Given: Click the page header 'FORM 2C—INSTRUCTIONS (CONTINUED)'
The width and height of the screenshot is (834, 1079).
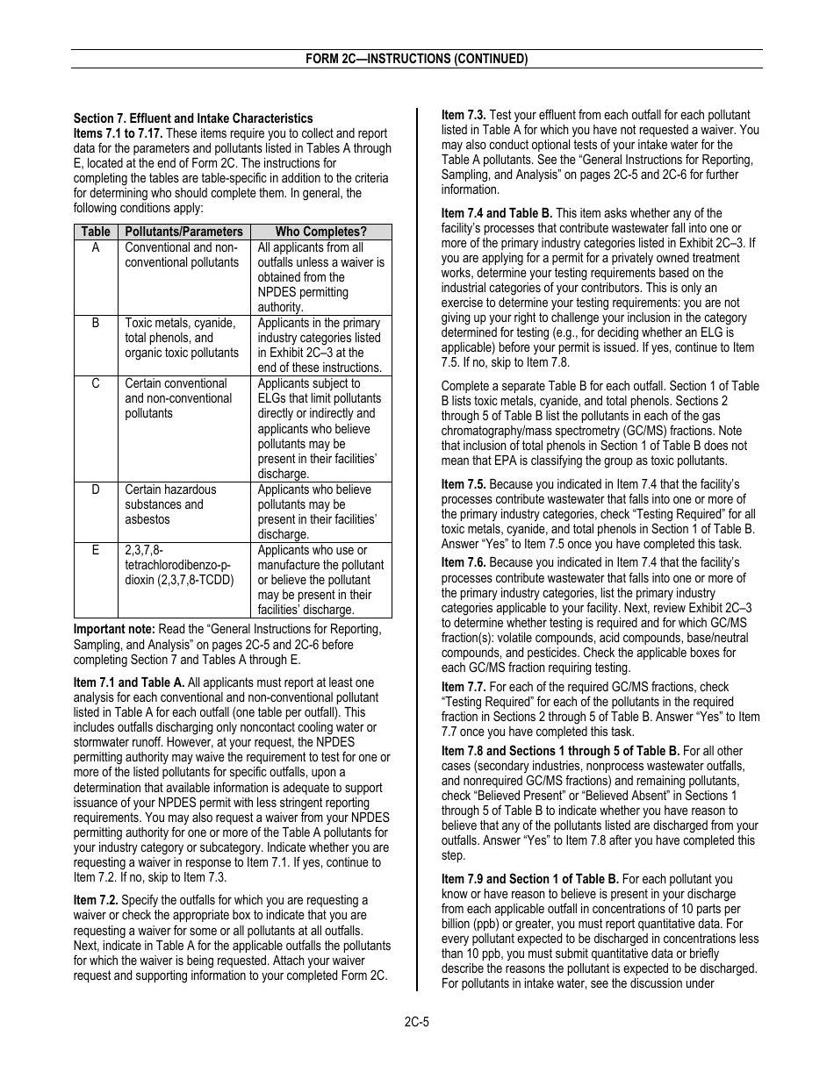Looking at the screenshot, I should pyautogui.click(x=416, y=60).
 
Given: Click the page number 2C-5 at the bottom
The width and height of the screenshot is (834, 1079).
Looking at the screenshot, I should pyautogui.click(x=416, y=1021).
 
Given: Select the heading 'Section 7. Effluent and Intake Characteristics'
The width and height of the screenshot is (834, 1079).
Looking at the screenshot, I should pyautogui.click(x=193, y=118).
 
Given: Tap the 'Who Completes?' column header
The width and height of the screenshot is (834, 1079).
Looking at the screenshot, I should pyautogui.click(x=320, y=232).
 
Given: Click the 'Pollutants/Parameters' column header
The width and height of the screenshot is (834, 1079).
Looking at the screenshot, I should pyautogui.click(x=183, y=232).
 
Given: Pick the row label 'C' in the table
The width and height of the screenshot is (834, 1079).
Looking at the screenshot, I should pyautogui.click(x=96, y=383).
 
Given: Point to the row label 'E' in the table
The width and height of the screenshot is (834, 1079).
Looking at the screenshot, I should pyautogui.click(x=96, y=550).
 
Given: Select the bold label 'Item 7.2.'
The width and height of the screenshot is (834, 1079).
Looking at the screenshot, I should pyautogui.click(x=96, y=900).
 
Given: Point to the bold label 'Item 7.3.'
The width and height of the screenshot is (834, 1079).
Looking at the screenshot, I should pyautogui.click(x=464, y=115).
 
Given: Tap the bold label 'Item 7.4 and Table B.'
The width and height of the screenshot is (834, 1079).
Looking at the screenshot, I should pyautogui.click(x=497, y=213).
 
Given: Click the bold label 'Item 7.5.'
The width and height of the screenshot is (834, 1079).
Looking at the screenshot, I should pyautogui.click(x=464, y=484).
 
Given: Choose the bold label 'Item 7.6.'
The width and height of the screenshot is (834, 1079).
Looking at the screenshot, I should pyautogui.click(x=464, y=562).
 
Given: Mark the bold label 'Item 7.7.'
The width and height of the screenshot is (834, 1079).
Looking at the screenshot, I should pyautogui.click(x=464, y=687).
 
